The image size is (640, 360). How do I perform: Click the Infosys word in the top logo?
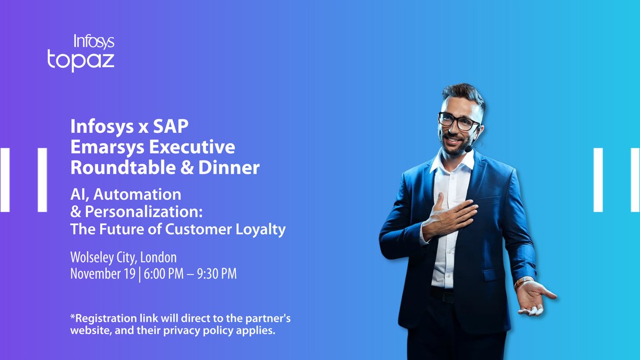[x=94, y=41]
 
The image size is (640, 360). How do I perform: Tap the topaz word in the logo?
[x=81, y=60]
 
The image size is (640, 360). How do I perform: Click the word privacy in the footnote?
[x=199, y=331]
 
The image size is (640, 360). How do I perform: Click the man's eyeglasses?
[x=458, y=121]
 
